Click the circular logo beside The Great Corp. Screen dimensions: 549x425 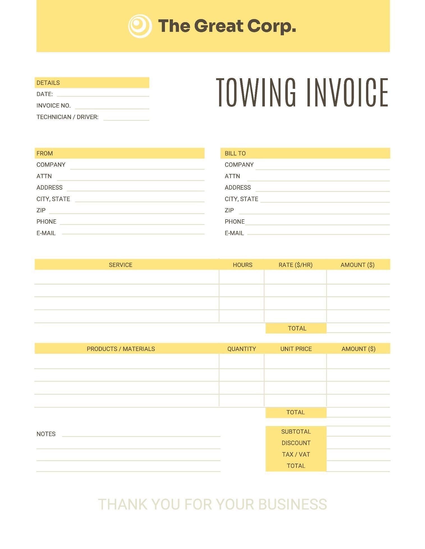pyautogui.click(x=140, y=26)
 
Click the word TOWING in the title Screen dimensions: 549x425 pyautogui.click(x=256, y=93)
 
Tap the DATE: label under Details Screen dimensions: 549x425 pyautogui.click(x=45, y=94)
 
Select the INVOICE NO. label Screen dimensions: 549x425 pyautogui.click(x=54, y=106)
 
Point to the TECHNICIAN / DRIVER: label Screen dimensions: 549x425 pyautogui.click(x=67, y=117)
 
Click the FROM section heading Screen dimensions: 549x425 pyautogui.click(x=45, y=153)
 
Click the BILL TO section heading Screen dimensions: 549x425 pyautogui.click(x=235, y=153)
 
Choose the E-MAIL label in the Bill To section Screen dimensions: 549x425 pyautogui.click(x=234, y=233)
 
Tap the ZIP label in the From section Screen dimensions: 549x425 pyautogui.click(x=41, y=210)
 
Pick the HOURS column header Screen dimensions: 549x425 pyautogui.click(x=242, y=265)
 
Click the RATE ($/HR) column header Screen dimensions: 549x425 pyautogui.click(x=295, y=265)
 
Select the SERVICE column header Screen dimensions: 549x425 pyautogui.click(x=121, y=265)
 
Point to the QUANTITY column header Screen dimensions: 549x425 pyautogui.click(x=242, y=349)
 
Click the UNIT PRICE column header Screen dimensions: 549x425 pyautogui.click(x=296, y=349)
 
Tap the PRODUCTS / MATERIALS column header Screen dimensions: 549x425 pyautogui.click(x=121, y=349)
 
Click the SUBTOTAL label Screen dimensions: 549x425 pyautogui.click(x=296, y=432)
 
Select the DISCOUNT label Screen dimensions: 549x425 pyautogui.click(x=296, y=443)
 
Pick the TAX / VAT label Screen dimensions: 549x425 pyautogui.click(x=296, y=455)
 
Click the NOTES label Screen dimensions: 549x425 pyautogui.click(x=46, y=434)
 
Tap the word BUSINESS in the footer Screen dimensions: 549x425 pyautogui.click(x=292, y=504)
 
